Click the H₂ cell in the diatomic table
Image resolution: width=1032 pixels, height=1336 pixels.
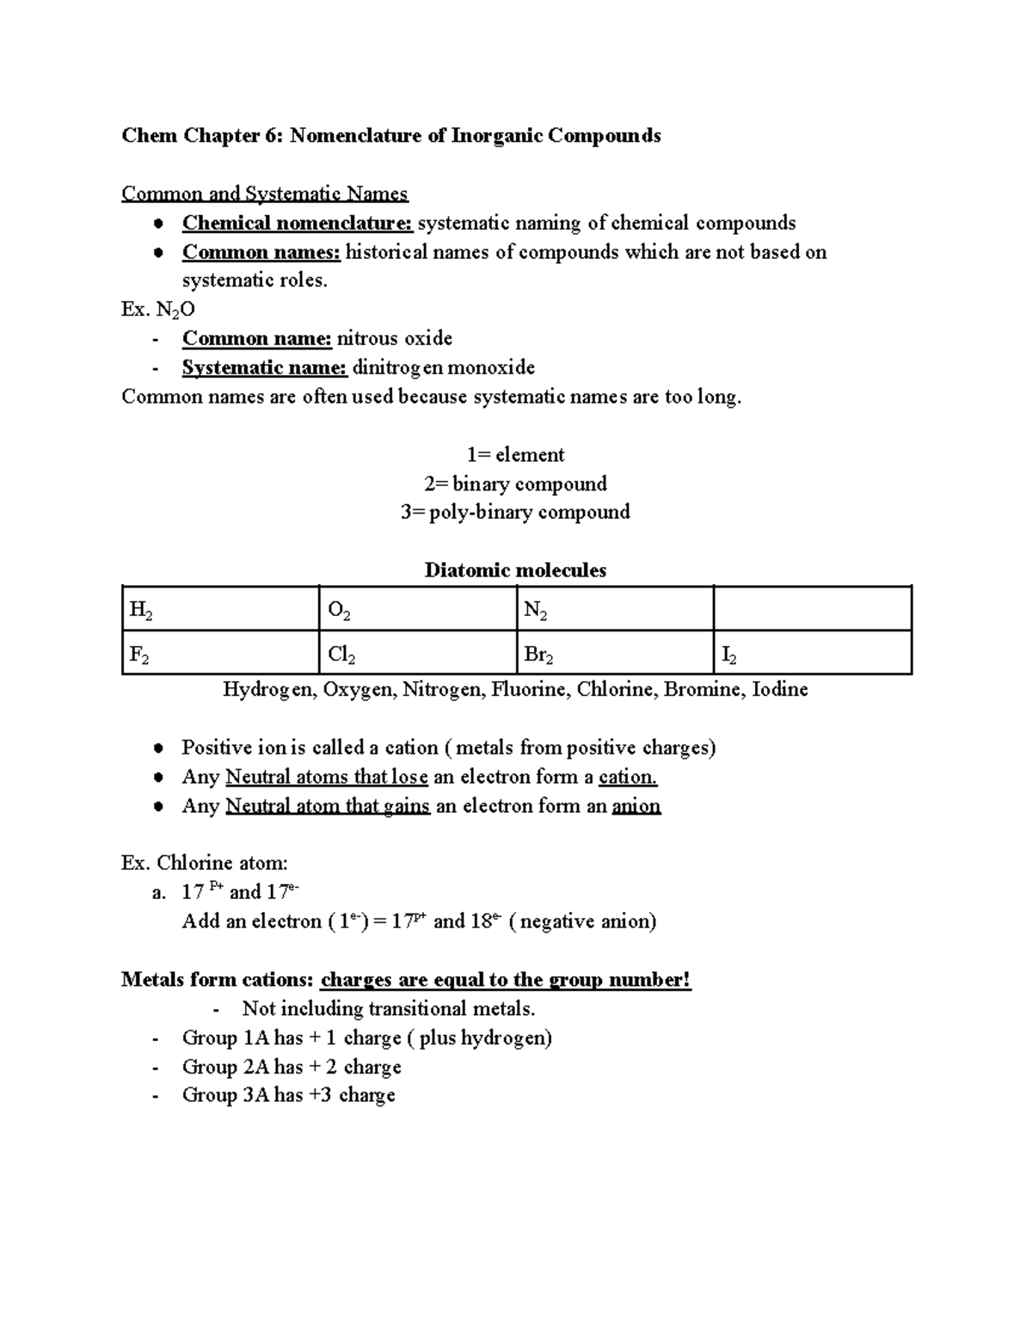pyautogui.click(x=219, y=610)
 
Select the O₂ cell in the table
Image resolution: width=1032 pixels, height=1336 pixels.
pyautogui.click(x=417, y=610)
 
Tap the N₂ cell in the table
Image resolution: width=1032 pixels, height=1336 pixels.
pyautogui.click(x=614, y=610)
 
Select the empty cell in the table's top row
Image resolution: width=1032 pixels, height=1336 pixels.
pyautogui.click(x=812, y=610)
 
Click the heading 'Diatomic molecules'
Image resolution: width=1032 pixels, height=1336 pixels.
pyautogui.click(x=515, y=570)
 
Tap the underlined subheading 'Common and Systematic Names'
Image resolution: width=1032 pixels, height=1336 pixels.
pyautogui.click(x=265, y=194)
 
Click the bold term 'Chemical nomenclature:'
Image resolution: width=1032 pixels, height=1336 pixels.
pyautogui.click(x=298, y=223)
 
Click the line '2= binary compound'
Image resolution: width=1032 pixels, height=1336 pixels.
pyautogui.click(x=515, y=483)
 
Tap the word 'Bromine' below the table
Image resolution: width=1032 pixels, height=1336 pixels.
pyautogui.click(x=703, y=689)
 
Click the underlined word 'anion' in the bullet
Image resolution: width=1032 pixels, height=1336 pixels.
pyautogui.click(x=636, y=806)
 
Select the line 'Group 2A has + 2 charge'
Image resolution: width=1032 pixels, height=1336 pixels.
pyautogui.click(x=291, y=1067)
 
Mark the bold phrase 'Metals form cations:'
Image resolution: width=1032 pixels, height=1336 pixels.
pyautogui.click(x=218, y=979)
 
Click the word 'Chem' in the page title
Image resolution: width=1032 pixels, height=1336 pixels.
pyautogui.click(x=149, y=135)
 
